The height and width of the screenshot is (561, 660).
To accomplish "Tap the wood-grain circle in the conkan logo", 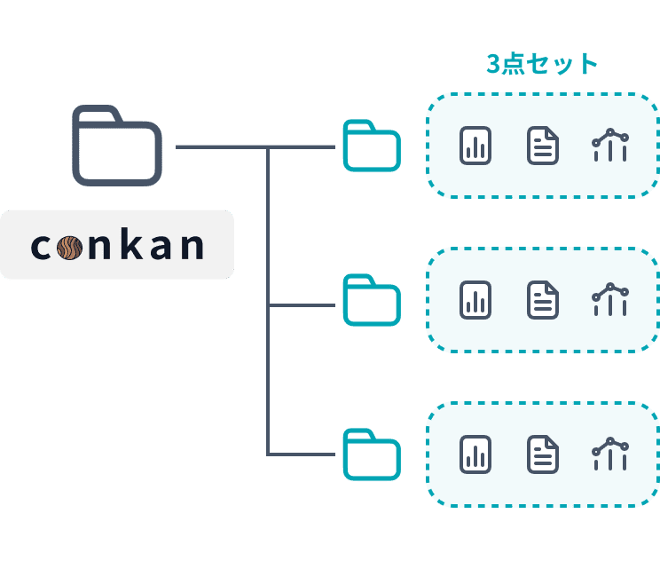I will click(70, 245).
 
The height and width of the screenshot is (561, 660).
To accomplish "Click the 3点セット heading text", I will click(542, 65).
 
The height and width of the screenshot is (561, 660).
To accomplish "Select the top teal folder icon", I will click(372, 146).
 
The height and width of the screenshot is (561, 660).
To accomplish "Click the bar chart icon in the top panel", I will click(475, 146).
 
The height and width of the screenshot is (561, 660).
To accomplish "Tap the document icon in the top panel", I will click(543, 146).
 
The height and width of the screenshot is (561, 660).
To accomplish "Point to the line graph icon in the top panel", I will click(610, 145).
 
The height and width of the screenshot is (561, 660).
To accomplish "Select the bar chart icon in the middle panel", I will click(475, 300).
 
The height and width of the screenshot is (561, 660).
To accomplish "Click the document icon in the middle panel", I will click(543, 300).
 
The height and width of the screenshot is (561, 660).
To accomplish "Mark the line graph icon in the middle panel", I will click(610, 299).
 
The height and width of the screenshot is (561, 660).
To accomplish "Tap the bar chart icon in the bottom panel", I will click(475, 454).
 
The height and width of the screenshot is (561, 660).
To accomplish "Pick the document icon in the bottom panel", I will click(543, 454).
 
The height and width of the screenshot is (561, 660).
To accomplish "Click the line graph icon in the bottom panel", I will click(610, 454).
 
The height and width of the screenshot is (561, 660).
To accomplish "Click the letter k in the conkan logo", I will click(130, 244).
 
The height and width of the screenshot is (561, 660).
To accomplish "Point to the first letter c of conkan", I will click(41, 246).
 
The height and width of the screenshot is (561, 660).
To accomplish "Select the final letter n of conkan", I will click(191, 246).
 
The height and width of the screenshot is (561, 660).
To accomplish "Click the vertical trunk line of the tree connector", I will click(268, 302).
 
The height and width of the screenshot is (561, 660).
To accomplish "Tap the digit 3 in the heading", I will click(493, 65).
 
